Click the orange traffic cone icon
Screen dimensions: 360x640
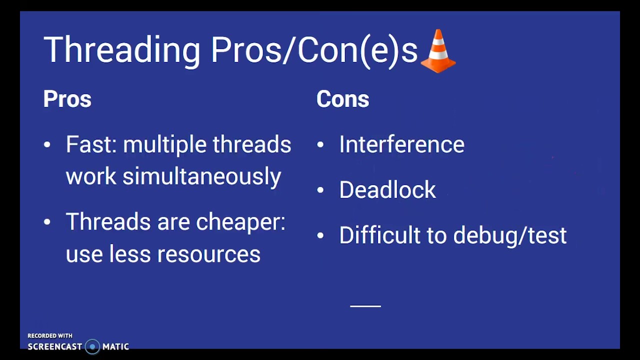(438, 51)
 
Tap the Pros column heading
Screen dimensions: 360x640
(67, 99)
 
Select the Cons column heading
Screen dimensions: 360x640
(342, 99)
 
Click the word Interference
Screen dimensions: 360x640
(401, 144)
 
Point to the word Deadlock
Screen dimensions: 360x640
(387, 190)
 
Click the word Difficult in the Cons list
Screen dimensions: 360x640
(379, 235)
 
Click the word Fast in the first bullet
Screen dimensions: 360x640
(90, 144)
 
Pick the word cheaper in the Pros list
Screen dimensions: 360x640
(240, 222)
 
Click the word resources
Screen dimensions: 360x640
(208, 254)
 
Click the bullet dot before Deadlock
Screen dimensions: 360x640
(320, 190)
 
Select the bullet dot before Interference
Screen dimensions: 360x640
(320, 145)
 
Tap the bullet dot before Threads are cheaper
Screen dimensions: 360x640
(47, 222)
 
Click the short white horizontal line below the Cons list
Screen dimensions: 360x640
(365, 305)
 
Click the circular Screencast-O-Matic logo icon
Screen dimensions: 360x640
(92, 346)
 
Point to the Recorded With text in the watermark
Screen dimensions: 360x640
(50, 336)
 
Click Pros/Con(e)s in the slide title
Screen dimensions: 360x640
(313, 50)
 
